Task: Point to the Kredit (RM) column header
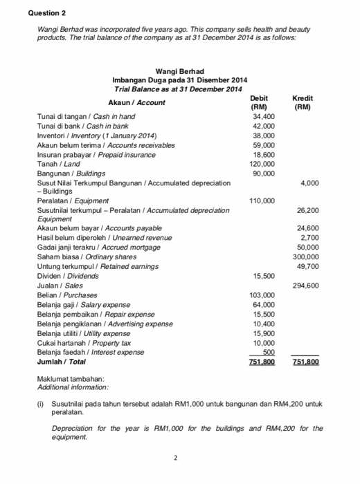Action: (x=303, y=103)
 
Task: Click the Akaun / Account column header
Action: (x=138, y=102)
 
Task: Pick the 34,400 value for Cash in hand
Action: (x=264, y=118)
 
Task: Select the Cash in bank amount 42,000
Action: (x=264, y=127)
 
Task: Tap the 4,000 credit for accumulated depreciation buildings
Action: (x=309, y=183)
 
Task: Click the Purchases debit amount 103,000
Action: (x=262, y=295)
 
